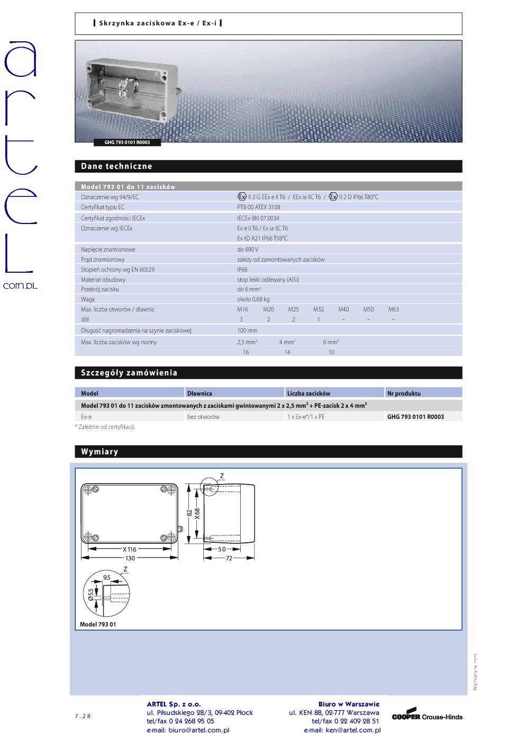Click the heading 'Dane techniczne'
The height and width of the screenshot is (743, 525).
116,166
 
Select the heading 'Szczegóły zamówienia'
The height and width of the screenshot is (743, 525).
129,373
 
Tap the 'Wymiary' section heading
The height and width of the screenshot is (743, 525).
99,452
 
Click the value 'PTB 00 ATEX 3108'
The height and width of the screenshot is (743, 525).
259,207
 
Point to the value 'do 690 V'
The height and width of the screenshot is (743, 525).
248,249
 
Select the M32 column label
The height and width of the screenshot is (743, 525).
318,309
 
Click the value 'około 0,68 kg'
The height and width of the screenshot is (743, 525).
253,299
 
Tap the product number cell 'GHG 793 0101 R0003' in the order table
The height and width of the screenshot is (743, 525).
415,417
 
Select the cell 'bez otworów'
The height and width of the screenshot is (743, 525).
203,417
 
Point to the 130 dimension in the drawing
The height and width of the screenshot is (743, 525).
130,558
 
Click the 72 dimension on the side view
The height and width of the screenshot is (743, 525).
229,559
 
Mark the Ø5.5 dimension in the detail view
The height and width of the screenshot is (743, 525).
90,594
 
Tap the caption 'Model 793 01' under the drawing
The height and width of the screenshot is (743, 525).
98,624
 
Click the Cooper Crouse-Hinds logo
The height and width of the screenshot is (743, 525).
427,716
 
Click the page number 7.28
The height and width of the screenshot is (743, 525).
83,717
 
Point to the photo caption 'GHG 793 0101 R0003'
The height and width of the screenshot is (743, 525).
127,142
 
